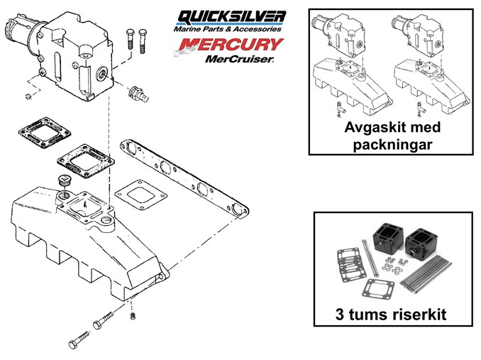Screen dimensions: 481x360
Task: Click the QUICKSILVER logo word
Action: [x=232, y=17]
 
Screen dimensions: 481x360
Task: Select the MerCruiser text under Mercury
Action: [x=238, y=59]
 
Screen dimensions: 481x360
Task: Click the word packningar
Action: [x=392, y=145]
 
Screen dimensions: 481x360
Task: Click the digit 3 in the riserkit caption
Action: [x=340, y=315]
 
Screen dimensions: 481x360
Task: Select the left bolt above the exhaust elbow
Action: [x=130, y=39]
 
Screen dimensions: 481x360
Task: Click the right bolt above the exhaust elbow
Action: [x=143, y=40]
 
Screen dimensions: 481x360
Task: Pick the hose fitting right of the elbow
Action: [x=138, y=93]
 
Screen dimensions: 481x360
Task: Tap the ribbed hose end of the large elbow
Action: [x=11, y=32]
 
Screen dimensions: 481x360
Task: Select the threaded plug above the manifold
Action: [x=63, y=180]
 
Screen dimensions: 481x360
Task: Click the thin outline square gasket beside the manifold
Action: [x=140, y=195]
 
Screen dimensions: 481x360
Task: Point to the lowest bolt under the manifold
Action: [x=79, y=339]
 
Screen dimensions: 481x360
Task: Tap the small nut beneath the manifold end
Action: [x=133, y=315]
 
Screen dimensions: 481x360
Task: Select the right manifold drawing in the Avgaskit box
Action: [x=431, y=87]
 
